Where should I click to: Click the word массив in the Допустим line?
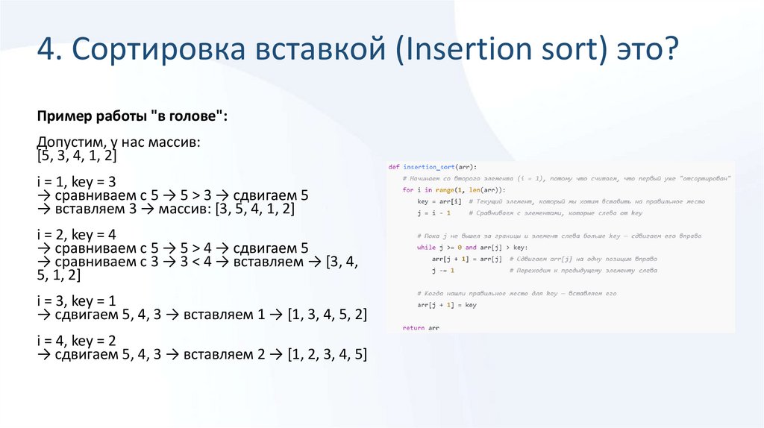click(x=174, y=142)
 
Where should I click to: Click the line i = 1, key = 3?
click(x=75, y=182)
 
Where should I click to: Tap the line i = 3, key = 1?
click(x=75, y=300)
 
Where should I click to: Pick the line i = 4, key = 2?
click(x=75, y=340)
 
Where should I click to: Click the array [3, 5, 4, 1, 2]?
click(x=254, y=210)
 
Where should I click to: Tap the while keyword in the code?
click(x=426, y=247)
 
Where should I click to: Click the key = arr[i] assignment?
click(x=440, y=201)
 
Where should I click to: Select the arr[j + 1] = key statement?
click(x=446, y=305)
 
